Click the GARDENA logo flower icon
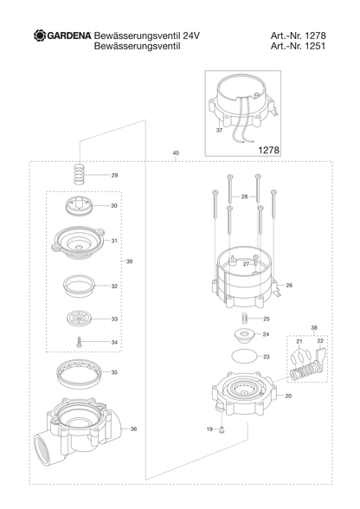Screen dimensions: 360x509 (40, 35)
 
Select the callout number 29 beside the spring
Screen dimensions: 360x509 (114, 175)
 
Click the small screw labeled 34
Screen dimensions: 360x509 (79, 342)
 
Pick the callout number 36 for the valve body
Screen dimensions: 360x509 (133, 428)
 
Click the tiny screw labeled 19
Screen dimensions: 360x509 (222, 429)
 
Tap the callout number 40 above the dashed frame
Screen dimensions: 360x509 (176, 153)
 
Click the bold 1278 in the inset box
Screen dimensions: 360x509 (269, 150)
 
